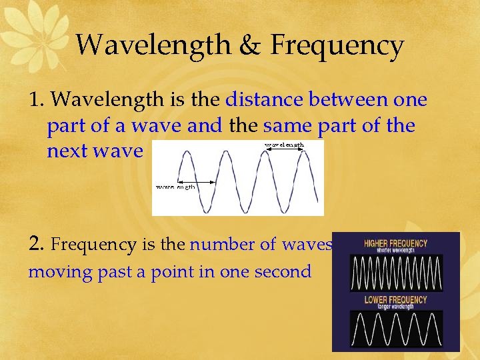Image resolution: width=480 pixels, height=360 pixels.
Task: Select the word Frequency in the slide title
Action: (337, 45)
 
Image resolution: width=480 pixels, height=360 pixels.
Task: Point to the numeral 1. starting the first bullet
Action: (37, 100)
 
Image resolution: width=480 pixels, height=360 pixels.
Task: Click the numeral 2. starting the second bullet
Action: (37, 244)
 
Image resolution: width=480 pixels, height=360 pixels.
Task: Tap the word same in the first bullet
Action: (287, 125)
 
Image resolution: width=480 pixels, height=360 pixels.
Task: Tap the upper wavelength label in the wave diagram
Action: (285, 145)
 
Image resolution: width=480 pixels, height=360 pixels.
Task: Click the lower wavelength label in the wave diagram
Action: (175, 187)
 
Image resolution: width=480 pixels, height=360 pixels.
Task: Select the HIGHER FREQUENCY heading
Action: (395, 243)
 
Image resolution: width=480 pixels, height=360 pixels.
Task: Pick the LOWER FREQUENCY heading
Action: (395, 299)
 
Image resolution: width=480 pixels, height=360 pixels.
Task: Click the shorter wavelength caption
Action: (395, 251)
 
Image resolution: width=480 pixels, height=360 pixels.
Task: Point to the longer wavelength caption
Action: (395, 307)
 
